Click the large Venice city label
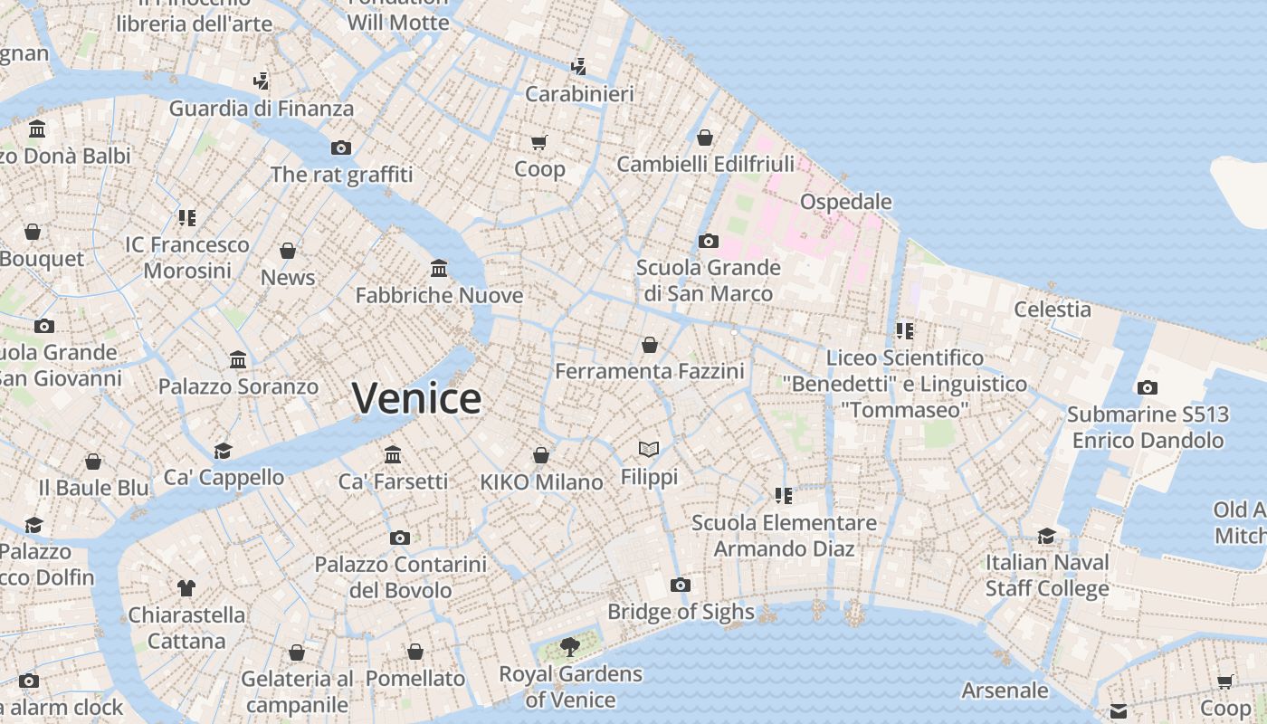pyautogui.click(x=416, y=398)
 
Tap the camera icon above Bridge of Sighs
pyautogui.click(x=681, y=585)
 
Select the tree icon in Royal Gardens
pyautogui.click(x=569, y=646)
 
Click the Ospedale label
pyautogui.click(x=846, y=201)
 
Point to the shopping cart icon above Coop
pyautogui.click(x=539, y=142)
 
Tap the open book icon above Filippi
pyautogui.click(x=649, y=449)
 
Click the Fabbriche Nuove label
pyautogui.click(x=439, y=295)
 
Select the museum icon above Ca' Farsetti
pyautogui.click(x=393, y=453)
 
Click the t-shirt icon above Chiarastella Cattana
pyautogui.click(x=186, y=588)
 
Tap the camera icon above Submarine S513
pyautogui.click(x=1147, y=387)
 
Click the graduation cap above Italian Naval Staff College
pyautogui.click(x=1047, y=535)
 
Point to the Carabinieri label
pyautogui.click(x=579, y=93)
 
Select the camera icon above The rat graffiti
pyautogui.click(x=341, y=148)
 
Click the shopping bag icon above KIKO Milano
pyautogui.click(x=541, y=454)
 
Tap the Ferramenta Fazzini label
pyautogui.click(x=649, y=371)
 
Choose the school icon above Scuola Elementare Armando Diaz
pyautogui.click(x=784, y=495)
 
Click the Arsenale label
pyautogui.click(x=1005, y=691)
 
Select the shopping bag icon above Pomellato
pyautogui.click(x=415, y=652)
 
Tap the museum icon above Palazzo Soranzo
pyautogui.click(x=238, y=359)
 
